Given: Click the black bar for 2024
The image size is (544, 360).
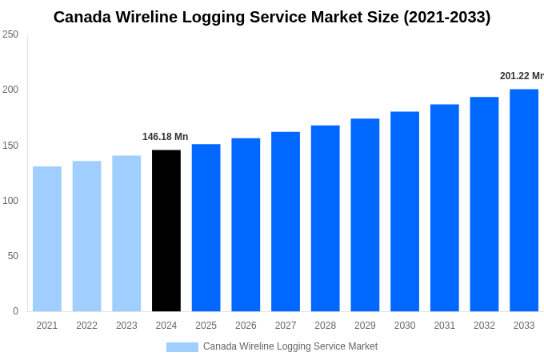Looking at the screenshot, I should [x=166, y=230].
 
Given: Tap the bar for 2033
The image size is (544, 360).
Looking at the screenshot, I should [x=524, y=200].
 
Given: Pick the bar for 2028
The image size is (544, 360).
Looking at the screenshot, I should [x=326, y=218].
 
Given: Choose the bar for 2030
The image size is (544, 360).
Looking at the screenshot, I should [x=405, y=211].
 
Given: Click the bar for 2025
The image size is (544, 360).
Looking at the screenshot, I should [x=206, y=228].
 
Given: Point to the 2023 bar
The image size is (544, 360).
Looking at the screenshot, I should [x=126, y=234].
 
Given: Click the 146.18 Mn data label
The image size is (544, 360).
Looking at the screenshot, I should [x=165, y=137].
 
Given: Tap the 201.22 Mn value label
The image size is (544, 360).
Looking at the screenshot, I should [x=521, y=76].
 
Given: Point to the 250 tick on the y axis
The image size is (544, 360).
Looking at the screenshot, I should [x=10, y=34].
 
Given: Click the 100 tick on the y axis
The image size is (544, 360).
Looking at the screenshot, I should [x=10, y=201].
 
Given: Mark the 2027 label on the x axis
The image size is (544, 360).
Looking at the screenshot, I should [x=286, y=326].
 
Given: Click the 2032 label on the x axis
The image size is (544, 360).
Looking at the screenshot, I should [x=484, y=326].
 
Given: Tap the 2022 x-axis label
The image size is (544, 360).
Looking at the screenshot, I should [x=86, y=326].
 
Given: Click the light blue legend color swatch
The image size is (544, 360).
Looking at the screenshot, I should [x=182, y=347].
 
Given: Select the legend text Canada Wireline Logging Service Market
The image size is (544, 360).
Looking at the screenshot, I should [x=290, y=346].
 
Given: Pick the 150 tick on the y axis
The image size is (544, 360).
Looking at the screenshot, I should [x=10, y=146].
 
